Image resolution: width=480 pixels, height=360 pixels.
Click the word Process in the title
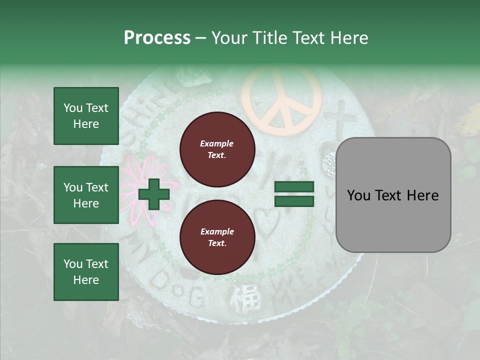coord(157,38)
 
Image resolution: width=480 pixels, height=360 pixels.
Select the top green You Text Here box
coord(86,116)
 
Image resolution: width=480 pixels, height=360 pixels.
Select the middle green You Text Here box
coord(86,195)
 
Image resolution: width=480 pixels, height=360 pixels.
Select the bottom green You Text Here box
coord(86,271)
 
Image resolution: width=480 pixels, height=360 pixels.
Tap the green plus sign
coord(154,194)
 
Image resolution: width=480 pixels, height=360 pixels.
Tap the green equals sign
coord(294,194)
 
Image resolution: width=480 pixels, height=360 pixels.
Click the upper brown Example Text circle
coord(217,149)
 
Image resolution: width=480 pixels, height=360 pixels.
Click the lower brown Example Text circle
coord(217,237)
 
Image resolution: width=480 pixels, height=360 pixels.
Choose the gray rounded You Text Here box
coord(393,195)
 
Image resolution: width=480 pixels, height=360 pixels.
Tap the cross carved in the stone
coord(339,117)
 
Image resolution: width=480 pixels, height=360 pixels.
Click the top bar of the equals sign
coord(294,187)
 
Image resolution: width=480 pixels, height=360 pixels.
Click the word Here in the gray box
coord(422,195)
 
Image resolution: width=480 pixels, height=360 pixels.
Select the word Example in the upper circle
coord(217,143)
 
